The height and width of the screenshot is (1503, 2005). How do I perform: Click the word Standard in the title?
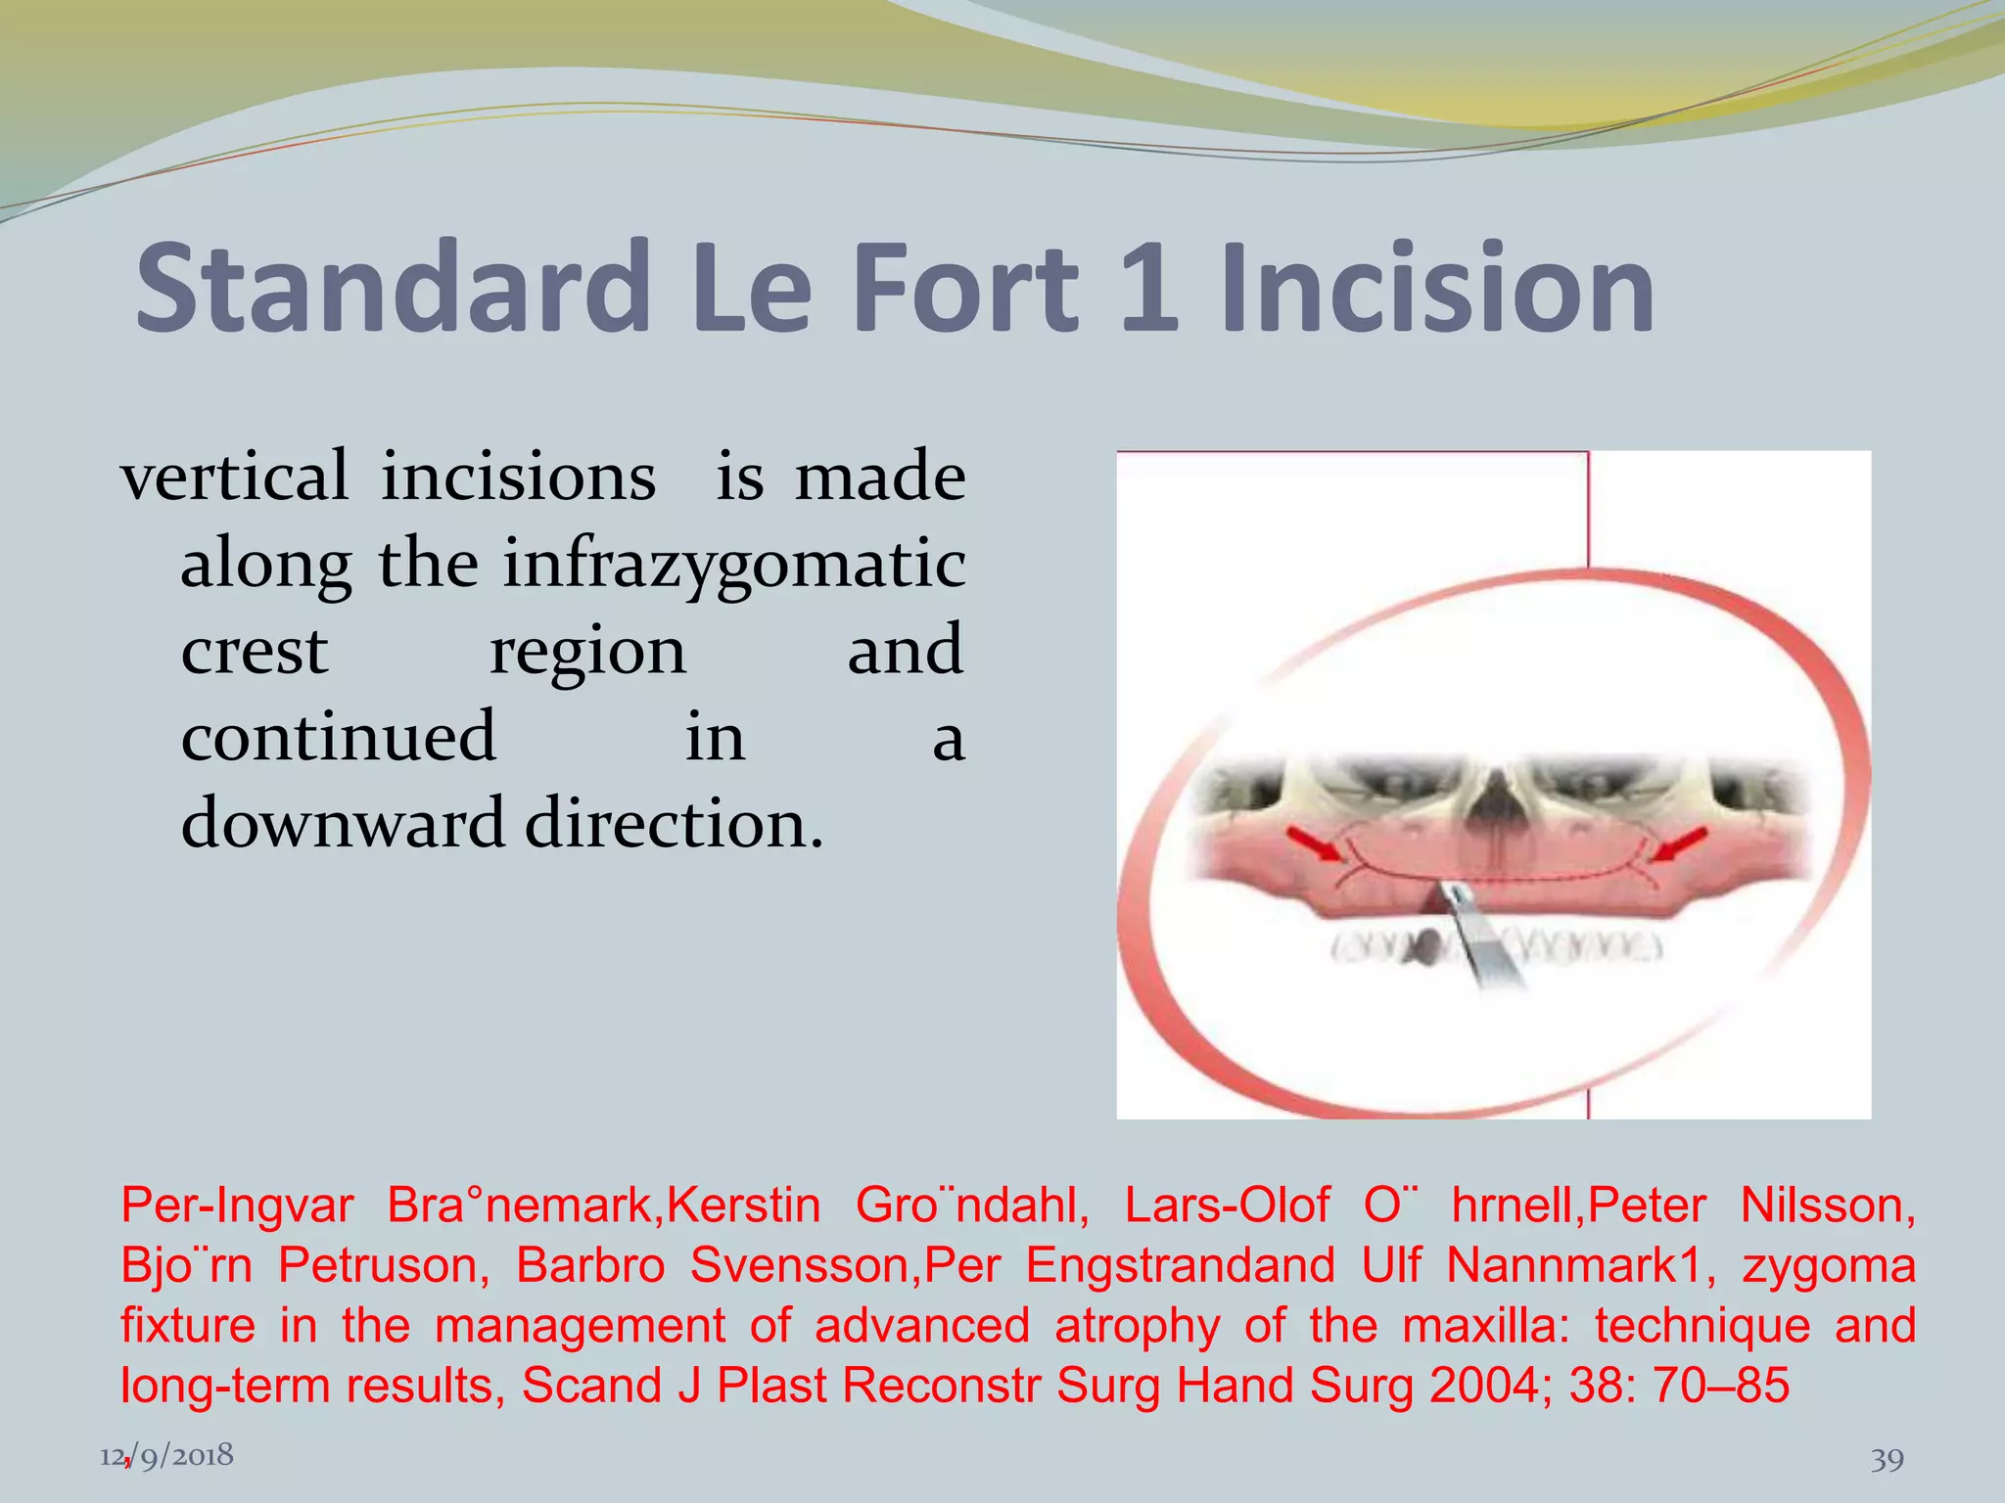tap(392, 289)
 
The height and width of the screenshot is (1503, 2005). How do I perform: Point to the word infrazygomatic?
tap(734, 566)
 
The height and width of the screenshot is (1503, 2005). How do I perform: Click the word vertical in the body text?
tap(234, 477)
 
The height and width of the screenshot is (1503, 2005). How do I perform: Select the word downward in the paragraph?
tap(343, 824)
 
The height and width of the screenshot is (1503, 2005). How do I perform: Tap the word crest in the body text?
tap(255, 652)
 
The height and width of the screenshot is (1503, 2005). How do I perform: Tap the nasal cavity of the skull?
tap(1492, 797)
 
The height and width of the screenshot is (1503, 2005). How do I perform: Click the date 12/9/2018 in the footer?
tap(166, 1455)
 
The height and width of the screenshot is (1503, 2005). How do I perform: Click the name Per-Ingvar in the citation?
tap(236, 1206)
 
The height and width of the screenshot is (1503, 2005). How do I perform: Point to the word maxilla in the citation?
tap(1485, 1326)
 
